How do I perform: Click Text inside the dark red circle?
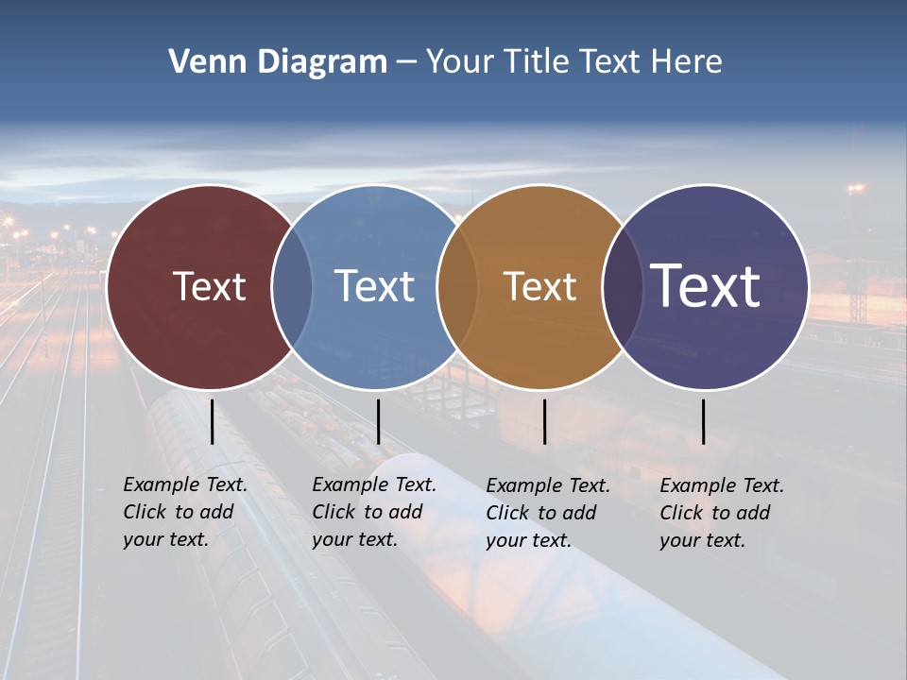click(x=209, y=286)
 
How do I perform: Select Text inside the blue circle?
click(x=374, y=286)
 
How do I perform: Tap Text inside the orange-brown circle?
click(x=539, y=286)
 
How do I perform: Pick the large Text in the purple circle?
click(x=706, y=285)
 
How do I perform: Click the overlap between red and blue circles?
click(x=292, y=286)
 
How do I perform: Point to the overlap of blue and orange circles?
click(x=457, y=286)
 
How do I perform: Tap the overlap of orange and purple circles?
click(x=623, y=286)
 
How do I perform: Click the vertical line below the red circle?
click(x=212, y=421)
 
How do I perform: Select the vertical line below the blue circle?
click(x=378, y=421)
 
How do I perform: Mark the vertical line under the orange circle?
click(x=544, y=421)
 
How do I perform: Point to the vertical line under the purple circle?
click(x=704, y=421)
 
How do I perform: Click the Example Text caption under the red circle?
click(x=184, y=512)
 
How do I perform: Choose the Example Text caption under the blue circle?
click(x=373, y=512)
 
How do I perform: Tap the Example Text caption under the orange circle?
click(x=547, y=513)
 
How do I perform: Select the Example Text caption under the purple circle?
click(x=721, y=513)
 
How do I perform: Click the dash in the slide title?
click(x=406, y=63)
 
